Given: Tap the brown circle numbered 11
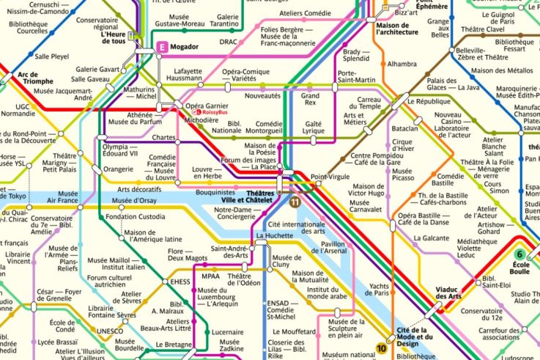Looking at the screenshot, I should coord(294,202).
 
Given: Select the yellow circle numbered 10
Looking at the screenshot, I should coord(382,348).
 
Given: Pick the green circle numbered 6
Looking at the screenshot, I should coord(523,253).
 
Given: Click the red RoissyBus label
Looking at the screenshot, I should coord(215,113).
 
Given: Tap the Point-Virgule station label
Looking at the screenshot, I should coord(330,177).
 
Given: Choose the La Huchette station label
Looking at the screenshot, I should coord(274,235).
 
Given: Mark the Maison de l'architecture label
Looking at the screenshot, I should coord(396,28).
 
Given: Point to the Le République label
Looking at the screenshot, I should coord(433,101).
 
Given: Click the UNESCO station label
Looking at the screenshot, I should coord(110,331).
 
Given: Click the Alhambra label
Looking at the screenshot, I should coord(402,64).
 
